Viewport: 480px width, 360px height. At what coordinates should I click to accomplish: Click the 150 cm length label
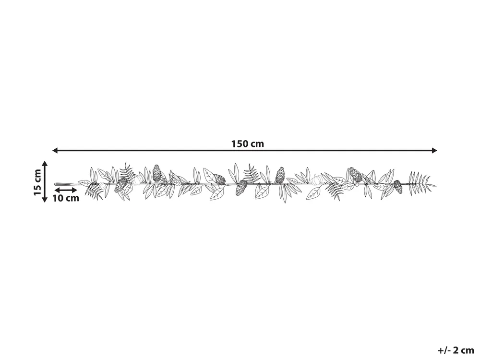click(x=247, y=144)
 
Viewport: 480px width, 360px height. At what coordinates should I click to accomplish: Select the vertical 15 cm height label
click(x=37, y=181)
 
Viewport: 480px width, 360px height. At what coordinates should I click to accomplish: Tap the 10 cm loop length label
click(x=66, y=198)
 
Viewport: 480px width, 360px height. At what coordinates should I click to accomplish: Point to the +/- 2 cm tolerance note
click(x=456, y=349)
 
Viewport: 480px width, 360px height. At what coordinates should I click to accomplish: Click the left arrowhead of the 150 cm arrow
click(x=55, y=150)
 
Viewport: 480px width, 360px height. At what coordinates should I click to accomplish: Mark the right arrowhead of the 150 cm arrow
click(x=434, y=150)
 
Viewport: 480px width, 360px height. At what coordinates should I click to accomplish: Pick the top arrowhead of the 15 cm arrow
click(x=45, y=164)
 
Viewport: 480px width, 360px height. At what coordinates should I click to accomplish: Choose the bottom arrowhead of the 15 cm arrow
click(x=45, y=199)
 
